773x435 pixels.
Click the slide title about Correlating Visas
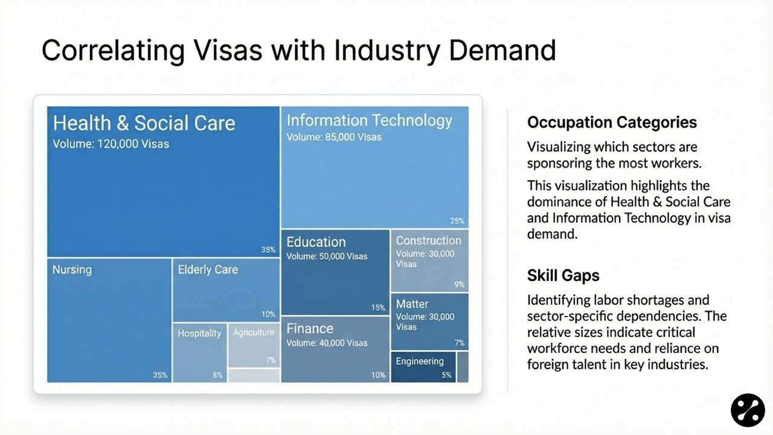298,50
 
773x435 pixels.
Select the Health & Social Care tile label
144,123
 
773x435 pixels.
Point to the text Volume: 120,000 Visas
111,144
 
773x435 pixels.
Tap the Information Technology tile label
369,120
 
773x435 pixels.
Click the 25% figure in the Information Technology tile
457,221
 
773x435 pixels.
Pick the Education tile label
316,242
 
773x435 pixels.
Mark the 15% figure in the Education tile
378,308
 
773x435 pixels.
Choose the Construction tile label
428,240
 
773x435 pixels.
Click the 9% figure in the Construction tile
460,284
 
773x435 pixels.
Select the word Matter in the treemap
412,304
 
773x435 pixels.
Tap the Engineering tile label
420,361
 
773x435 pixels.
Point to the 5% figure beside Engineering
446,375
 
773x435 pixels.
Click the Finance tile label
310,329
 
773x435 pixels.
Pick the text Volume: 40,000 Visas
327,343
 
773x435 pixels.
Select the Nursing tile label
72,269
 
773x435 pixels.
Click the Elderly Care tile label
208,269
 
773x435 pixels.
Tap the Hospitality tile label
199,333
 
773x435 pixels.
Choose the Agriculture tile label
254,333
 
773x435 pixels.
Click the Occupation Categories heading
612,123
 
